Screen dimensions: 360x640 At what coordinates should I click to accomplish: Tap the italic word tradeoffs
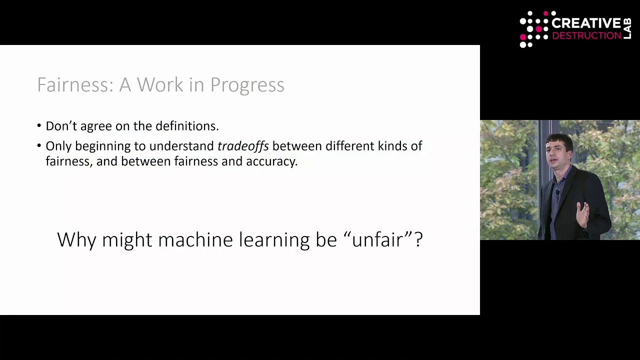tap(243, 146)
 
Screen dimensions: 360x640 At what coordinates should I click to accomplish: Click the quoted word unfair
tap(377, 239)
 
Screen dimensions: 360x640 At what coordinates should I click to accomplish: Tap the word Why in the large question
tap(76, 240)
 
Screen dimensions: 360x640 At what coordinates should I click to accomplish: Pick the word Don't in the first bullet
tap(61, 126)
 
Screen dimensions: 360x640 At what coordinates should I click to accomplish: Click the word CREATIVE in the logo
tap(585, 23)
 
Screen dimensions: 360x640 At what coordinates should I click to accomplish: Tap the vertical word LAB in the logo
tap(627, 29)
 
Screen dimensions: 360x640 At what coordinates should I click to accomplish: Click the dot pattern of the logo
tap(534, 29)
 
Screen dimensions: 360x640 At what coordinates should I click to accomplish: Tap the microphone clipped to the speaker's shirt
tap(557, 192)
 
